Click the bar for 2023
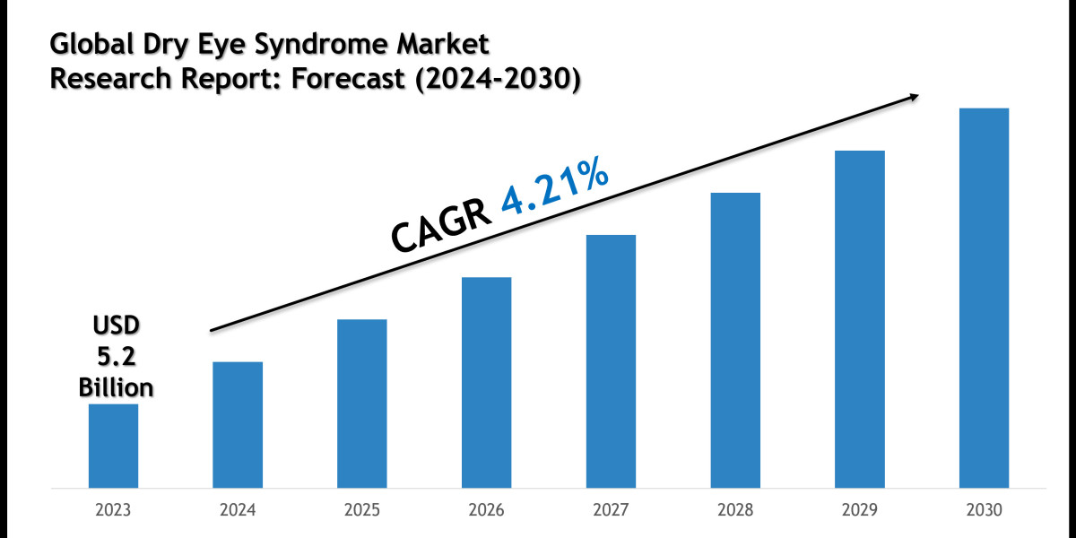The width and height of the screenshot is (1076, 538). (113, 446)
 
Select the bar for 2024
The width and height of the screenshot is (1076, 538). (238, 424)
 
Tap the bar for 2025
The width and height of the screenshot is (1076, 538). (362, 403)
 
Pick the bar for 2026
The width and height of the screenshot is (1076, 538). (487, 382)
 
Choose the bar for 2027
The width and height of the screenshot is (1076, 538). (611, 361)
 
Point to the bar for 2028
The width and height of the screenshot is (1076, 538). (735, 340)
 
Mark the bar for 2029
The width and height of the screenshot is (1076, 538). (860, 319)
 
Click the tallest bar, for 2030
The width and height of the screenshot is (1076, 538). (984, 298)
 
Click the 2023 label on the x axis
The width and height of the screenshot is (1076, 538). (113, 510)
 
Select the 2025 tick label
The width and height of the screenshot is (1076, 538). (362, 510)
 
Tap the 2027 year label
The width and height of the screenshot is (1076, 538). (611, 510)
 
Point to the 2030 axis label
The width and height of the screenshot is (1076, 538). (984, 510)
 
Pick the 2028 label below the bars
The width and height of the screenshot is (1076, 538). (735, 510)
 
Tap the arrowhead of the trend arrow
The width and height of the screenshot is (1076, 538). (915, 97)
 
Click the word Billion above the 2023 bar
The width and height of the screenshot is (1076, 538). (116, 387)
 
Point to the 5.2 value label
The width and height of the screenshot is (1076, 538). (116, 357)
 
